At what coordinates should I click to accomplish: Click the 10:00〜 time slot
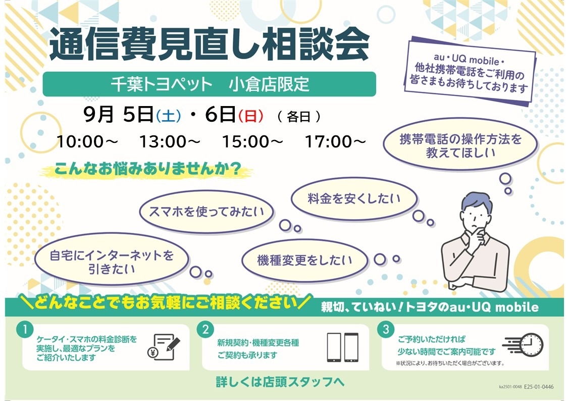pyautogui.click(x=87, y=141)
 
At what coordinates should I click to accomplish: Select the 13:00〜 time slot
pyautogui.click(x=170, y=141)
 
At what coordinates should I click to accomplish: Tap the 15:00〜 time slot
pyautogui.click(x=252, y=141)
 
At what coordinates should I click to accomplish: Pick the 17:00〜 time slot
pyautogui.click(x=335, y=141)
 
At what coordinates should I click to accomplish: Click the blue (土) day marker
pyautogui.click(x=169, y=116)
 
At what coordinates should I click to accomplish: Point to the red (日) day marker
pyautogui.click(x=250, y=116)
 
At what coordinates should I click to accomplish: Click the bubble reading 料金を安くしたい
pyautogui.click(x=354, y=198)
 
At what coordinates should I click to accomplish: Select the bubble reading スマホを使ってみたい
pyautogui.click(x=207, y=212)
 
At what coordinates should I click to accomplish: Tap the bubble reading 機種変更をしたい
pyautogui.click(x=304, y=260)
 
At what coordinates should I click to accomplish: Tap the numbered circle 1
pyautogui.click(x=25, y=330)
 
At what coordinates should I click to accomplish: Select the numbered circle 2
pyautogui.click(x=205, y=330)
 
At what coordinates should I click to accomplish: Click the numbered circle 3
pyautogui.click(x=386, y=329)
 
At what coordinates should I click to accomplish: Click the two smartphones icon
pyautogui.click(x=342, y=347)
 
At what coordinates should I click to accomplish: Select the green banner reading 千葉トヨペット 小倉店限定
pyautogui.click(x=210, y=84)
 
